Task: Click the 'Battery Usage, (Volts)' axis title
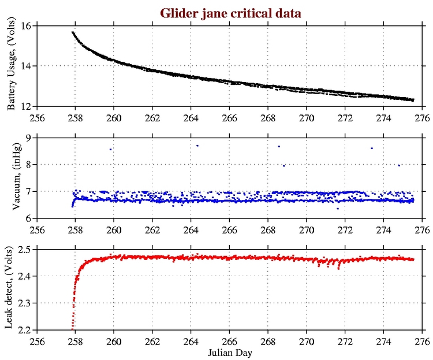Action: click(12, 66)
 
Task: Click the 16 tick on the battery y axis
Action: click(26, 26)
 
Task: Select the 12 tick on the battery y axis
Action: click(26, 106)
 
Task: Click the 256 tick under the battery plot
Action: click(37, 116)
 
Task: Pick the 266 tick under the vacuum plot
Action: click(230, 228)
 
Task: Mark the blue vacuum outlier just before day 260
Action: click(110, 149)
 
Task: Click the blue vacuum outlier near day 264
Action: click(197, 146)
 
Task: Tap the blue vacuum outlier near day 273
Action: click(372, 148)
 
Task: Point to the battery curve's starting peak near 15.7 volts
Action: click(73, 32)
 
